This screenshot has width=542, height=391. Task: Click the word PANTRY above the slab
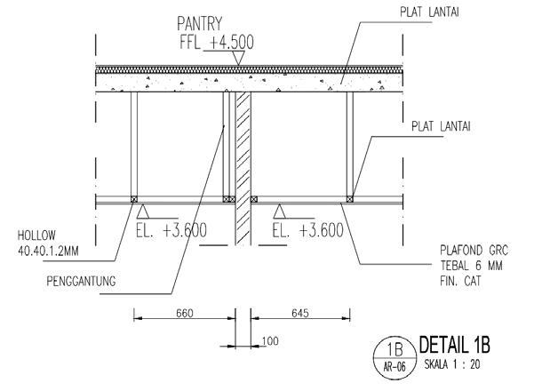pyautogui.click(x=199, y=24)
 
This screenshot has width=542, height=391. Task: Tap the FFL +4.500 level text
pyautogui.click(x=217, y=42)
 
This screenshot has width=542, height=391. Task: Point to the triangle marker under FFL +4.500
pyautogui.click(x=238, y=58)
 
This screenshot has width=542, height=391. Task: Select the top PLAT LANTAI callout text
pyautogui.click(x=429, y=12)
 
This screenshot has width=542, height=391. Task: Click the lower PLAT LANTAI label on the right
pyautogui.click(x=441, y=126)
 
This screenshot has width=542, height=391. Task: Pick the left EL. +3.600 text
pyautogui.click(x=171, y=230)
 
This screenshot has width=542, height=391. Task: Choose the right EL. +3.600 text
pyautogui.click(x=308, y=230)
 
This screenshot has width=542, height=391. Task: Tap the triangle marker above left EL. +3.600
pyautogui.click(x=142, y=211)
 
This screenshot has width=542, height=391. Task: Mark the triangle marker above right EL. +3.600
pyautogui.click(x=279, y=211)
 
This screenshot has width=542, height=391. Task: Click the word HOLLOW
pyautogui.click(x=36, y=235)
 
